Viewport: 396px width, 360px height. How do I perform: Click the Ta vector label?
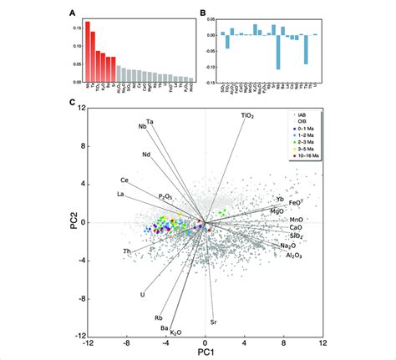point(150,122)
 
